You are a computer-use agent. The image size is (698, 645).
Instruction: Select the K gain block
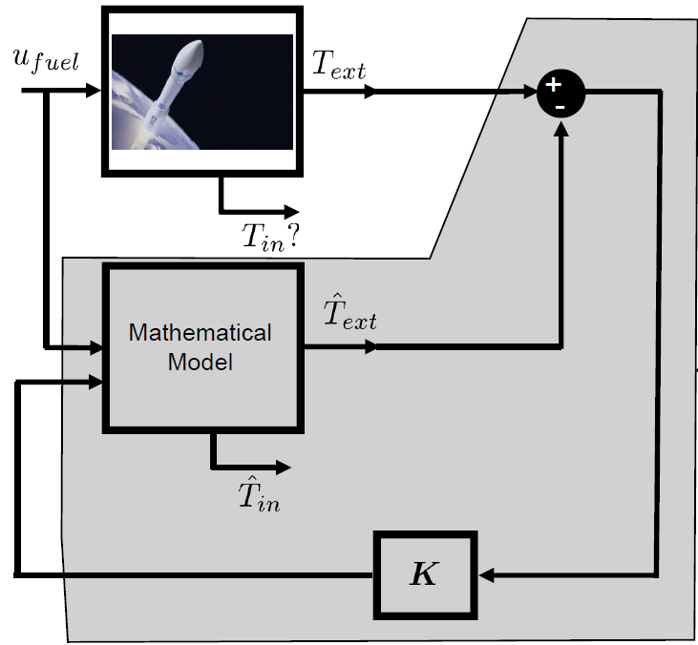tap(423, 574)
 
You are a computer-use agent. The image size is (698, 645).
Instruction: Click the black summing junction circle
tap(560, 93)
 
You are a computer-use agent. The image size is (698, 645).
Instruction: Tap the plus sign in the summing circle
tap(553, 85)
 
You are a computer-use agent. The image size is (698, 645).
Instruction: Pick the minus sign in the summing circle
tap(562, 104)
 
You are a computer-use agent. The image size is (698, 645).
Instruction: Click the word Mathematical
tap(201, 333)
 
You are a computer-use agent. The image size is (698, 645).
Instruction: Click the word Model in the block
tap(201, 363)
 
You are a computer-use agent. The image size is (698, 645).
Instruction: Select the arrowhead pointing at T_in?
tap(290, 212)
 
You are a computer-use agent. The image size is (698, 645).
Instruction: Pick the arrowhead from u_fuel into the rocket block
tap(94, 91)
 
